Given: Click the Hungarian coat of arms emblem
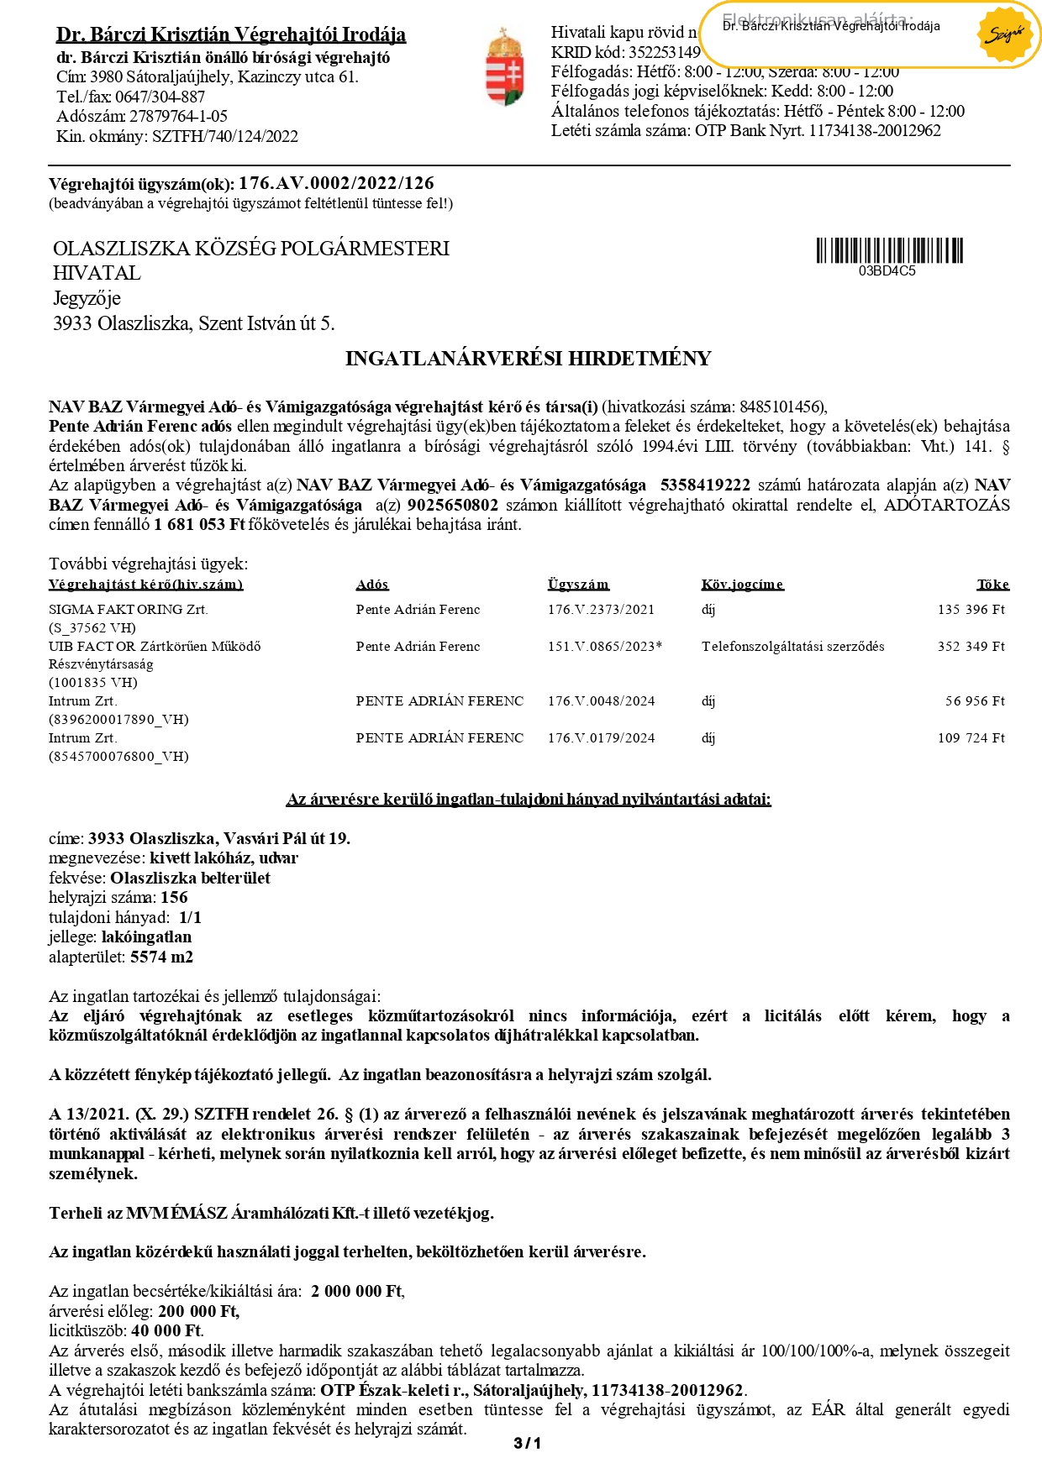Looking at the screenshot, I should pos(504,67).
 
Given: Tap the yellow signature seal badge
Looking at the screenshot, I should pos(1005,34).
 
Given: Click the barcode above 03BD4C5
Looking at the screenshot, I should pos(889,250).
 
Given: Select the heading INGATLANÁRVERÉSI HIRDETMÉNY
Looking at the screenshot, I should pos(528,359).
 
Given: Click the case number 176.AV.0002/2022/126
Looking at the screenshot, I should pos(336,183).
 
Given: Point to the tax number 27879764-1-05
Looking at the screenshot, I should pos(178,116).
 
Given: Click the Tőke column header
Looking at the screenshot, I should pos(992,585).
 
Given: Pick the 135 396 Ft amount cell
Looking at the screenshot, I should pos(971,610).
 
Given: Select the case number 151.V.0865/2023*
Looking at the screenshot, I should pos(605,647).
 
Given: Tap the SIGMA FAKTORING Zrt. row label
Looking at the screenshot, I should pos(129,610).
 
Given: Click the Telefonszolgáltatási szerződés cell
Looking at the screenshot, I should pos(792,647).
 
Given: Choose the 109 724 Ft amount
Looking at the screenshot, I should pos(971,738).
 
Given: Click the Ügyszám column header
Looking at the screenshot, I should pos(578,585).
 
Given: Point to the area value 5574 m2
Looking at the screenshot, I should pos(161,957).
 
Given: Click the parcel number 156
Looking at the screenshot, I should pos(174,897).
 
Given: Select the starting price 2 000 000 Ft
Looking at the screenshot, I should pos(356,1291).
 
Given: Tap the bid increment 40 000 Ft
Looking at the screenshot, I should pos(166,1330).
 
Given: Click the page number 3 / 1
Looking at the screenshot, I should pos(527,1443).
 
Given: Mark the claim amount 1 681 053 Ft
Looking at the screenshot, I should pos(199,524).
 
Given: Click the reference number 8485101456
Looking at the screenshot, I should pos(781,407).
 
